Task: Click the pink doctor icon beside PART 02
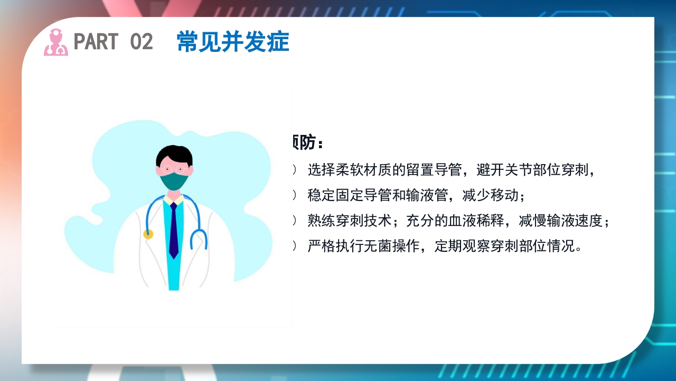tap(55, 42)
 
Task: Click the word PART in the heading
tap(96, 42)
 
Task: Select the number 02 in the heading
tap(141, 42)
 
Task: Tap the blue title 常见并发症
tap(233, 42)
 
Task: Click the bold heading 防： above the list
tap(309, 142)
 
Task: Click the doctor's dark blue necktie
tap(173, 230)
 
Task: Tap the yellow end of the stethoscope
tap(148, 234)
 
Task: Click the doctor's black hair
tap(174, 155)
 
